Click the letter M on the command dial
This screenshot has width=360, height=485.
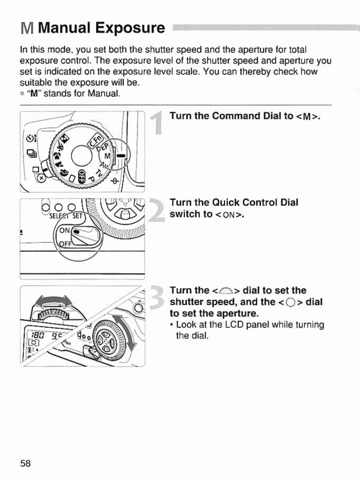pyautogui.click(x=107, y=156)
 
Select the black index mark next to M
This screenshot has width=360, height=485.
pyautogui.click(x=120, y=156)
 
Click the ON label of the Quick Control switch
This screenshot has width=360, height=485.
pyautogui.click(x=65, y=230)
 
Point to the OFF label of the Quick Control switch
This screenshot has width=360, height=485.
pyautogui.click(x=65, y=244)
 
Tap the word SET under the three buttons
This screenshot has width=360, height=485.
pyautogui.click(x=77, y=216)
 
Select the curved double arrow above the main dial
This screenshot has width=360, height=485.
pyautogui.click(x=53, y=302)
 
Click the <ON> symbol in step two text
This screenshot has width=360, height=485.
pyautogui.click(x=230, y=215)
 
